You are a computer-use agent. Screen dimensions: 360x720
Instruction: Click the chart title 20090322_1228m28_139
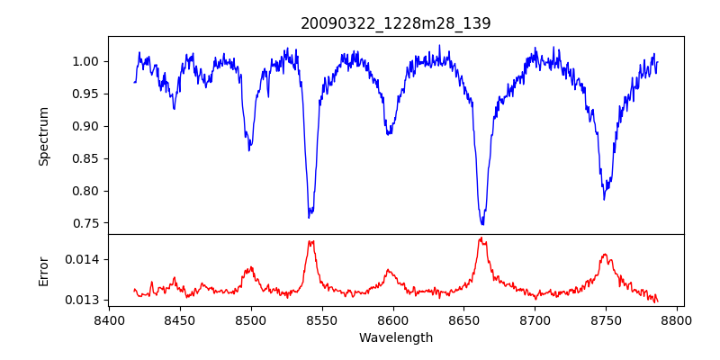396,23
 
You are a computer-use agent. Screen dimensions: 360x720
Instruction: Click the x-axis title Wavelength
396,338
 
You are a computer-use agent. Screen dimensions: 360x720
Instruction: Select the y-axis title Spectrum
43,136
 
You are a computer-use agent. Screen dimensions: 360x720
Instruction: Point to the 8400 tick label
109,319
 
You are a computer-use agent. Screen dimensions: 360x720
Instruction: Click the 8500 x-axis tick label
251,319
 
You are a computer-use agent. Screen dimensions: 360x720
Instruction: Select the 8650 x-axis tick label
464,319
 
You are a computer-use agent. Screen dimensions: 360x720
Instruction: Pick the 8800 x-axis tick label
678,319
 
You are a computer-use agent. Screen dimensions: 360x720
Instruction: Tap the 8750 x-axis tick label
607,319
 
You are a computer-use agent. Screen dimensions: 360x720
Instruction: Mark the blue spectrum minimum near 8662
482,224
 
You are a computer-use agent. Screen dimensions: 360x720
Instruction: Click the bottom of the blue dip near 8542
309,218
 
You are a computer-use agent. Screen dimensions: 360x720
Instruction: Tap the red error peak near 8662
481,238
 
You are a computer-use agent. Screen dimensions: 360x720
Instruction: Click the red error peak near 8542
310,241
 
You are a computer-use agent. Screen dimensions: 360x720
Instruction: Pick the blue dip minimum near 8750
605,199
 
